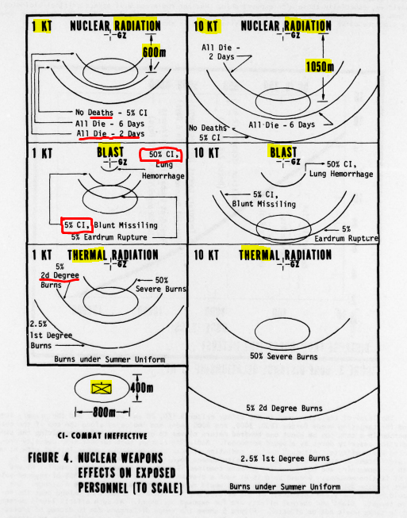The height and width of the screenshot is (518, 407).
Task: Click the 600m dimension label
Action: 154,52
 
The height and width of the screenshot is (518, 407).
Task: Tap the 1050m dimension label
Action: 320,67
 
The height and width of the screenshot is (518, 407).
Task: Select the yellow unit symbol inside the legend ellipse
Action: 102,388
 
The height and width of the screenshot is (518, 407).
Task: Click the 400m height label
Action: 141,387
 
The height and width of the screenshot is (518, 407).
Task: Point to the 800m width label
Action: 104,412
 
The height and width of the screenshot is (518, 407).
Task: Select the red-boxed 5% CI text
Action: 77,225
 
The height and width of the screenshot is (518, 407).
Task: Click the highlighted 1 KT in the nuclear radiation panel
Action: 42,26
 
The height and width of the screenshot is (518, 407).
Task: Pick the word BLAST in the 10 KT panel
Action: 283,152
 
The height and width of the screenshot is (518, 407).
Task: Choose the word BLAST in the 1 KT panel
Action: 110,152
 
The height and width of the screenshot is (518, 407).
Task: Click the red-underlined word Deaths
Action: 101,113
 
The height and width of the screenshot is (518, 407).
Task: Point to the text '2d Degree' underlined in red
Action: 60,275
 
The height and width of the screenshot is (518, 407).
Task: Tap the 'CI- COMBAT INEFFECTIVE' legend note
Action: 102,436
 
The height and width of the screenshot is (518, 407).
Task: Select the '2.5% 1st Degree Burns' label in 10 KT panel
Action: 285,459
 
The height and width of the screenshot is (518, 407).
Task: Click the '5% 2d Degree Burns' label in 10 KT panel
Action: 284,408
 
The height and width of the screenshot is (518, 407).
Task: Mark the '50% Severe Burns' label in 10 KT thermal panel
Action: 284,356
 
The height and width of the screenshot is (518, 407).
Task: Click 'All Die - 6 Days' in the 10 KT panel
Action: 282,125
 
